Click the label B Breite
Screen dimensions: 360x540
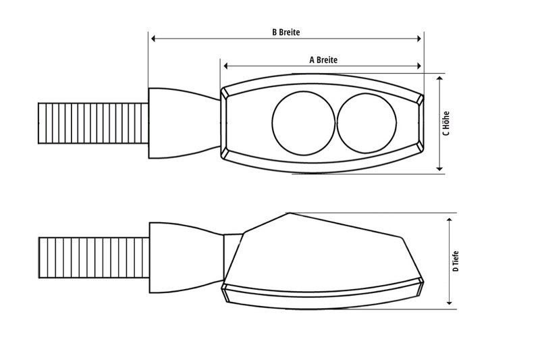(x=286, y=32)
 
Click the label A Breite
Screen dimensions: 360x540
(x=323, y=59)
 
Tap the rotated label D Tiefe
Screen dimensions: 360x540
(x=457, y=260)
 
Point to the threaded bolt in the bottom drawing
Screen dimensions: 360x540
(x=94, y=257)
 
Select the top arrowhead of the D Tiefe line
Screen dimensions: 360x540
(x=450, y=220)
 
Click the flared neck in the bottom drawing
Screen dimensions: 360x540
(x=184, y=257)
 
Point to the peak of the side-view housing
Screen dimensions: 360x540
(x=288, y=213)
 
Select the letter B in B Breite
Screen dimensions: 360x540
(x=273, y=32)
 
